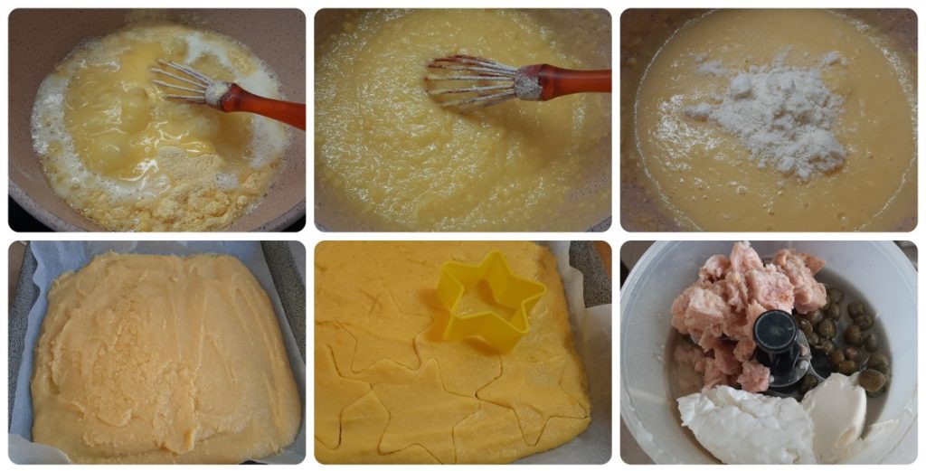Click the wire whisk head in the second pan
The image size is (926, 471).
pyautogui.click(x=470, y=81)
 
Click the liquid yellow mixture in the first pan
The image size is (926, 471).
pyautogui.click(x=118, y=99)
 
